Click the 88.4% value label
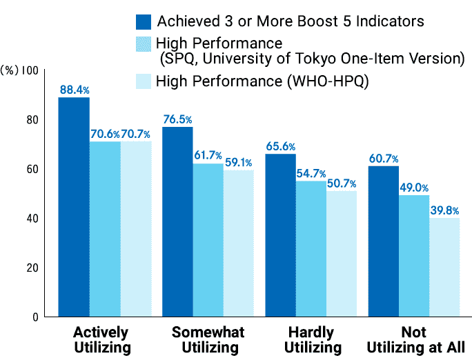point(74,90)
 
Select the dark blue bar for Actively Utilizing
point(74,207)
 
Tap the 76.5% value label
point(177,119)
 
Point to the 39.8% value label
point(445,210)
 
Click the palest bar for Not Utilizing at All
point(444,268)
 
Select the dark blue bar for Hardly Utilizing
point(281,235)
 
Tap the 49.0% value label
point(414,187)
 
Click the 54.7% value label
point(311,173)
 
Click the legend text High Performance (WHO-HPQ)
point(262,81)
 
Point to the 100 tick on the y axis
point(30,70)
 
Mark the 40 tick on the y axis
point(32,218)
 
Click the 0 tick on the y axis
point(35,317)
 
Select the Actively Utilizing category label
point(101,339)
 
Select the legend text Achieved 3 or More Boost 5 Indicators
point(291,21)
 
